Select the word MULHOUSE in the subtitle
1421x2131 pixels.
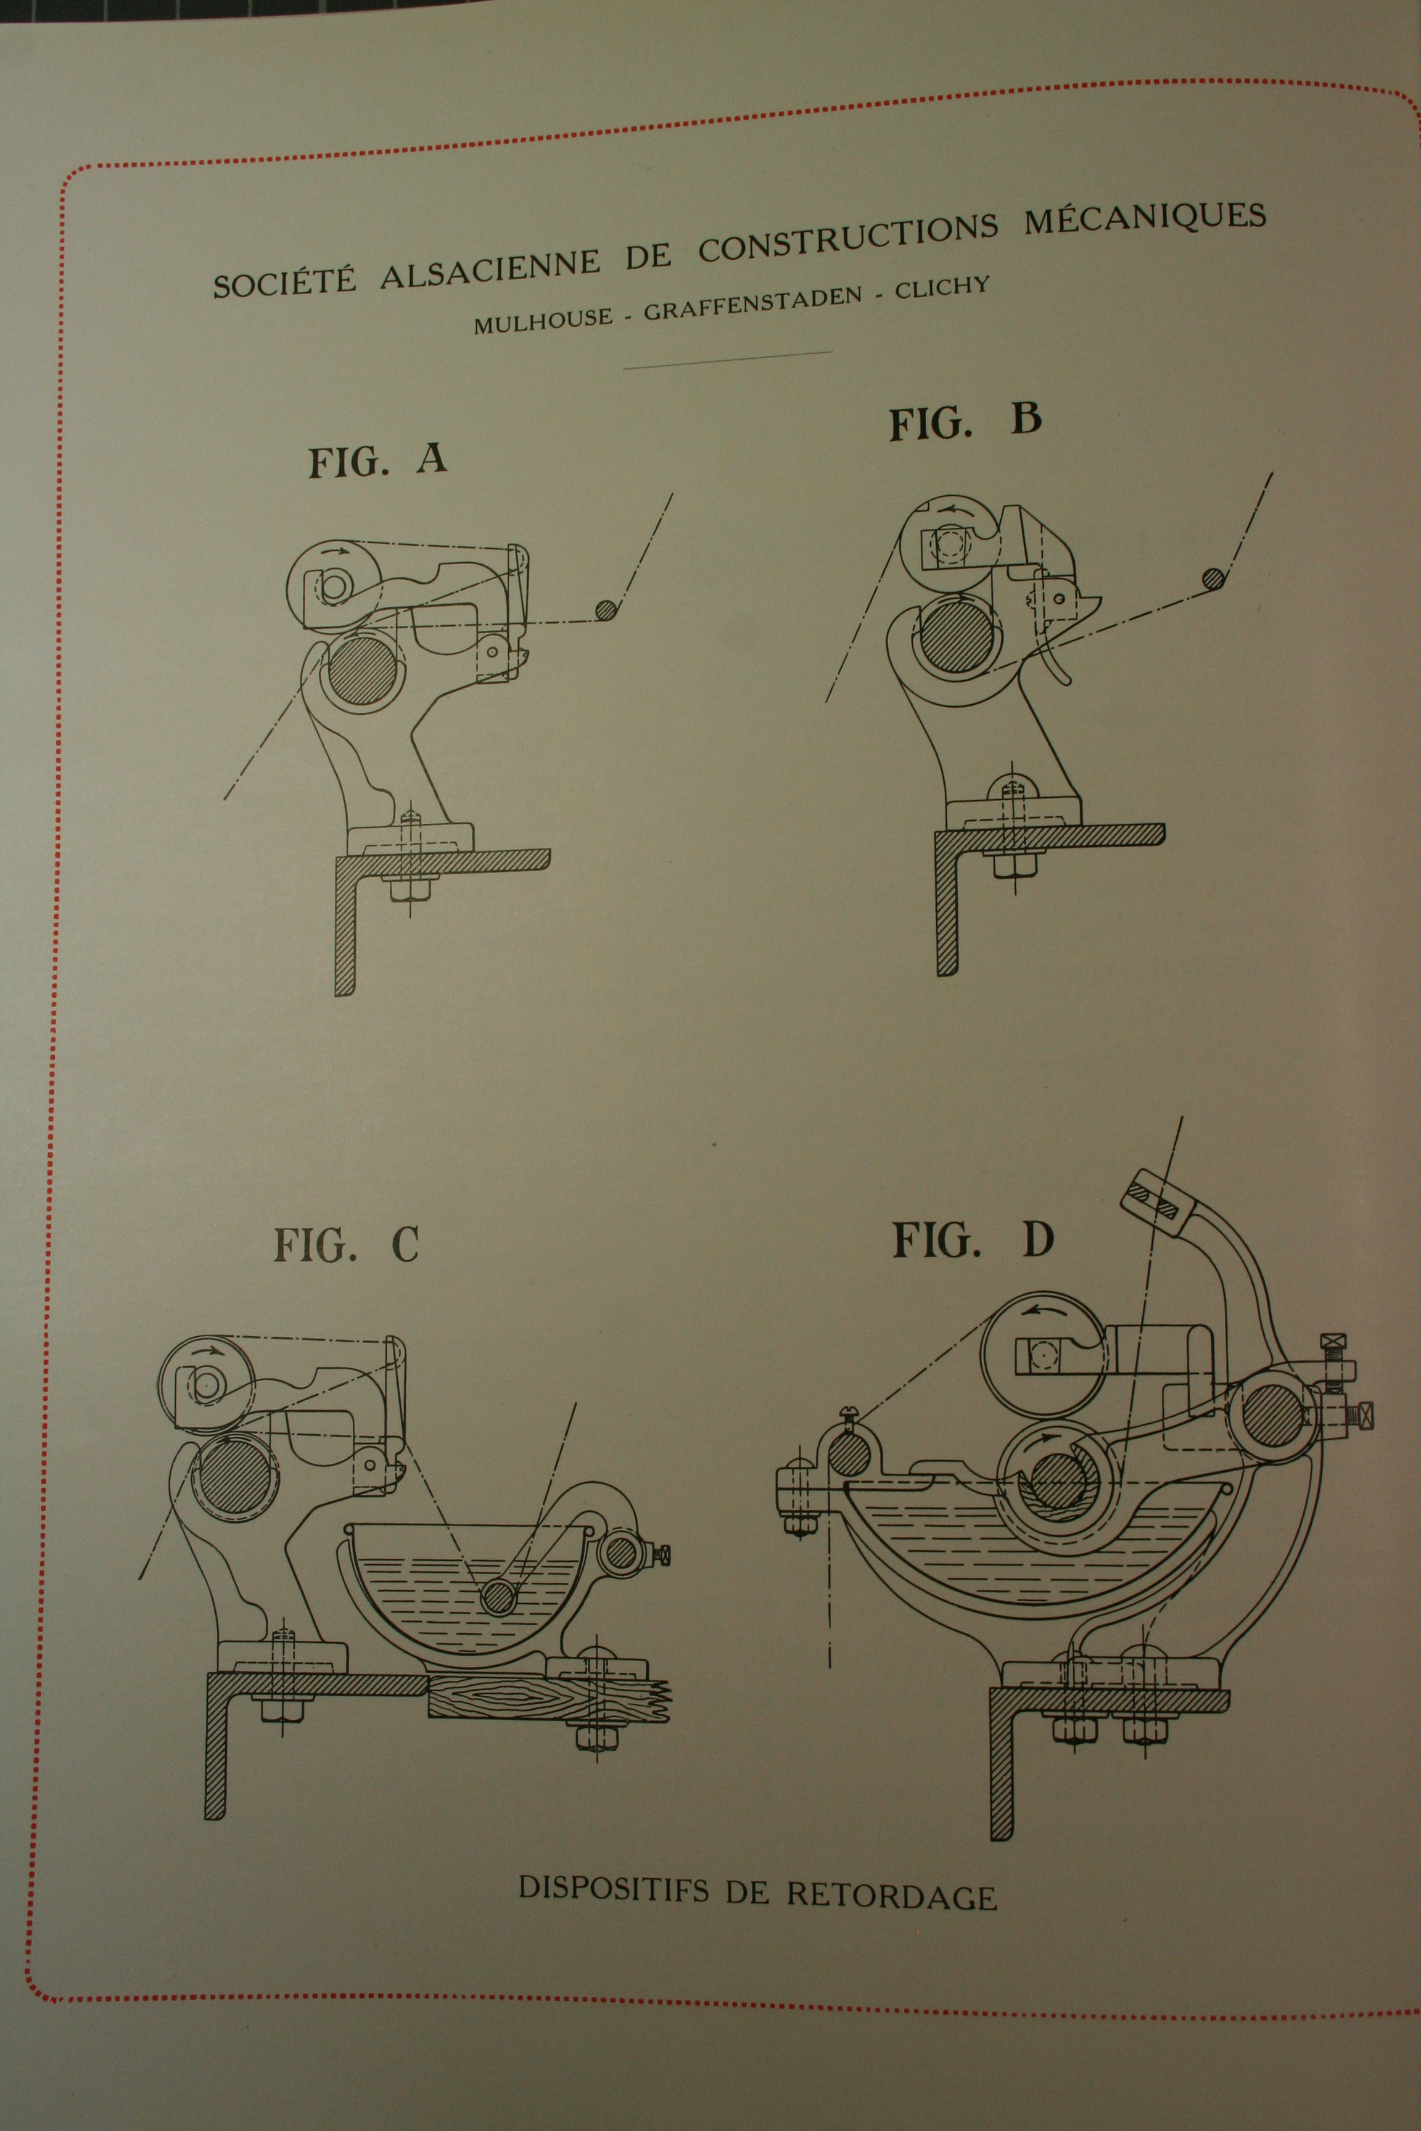543,322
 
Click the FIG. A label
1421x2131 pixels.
378,461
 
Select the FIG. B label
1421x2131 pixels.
965,422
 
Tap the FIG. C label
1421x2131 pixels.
346,1245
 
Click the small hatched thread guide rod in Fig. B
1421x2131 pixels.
1212,578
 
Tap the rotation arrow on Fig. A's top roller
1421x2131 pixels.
337,549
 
